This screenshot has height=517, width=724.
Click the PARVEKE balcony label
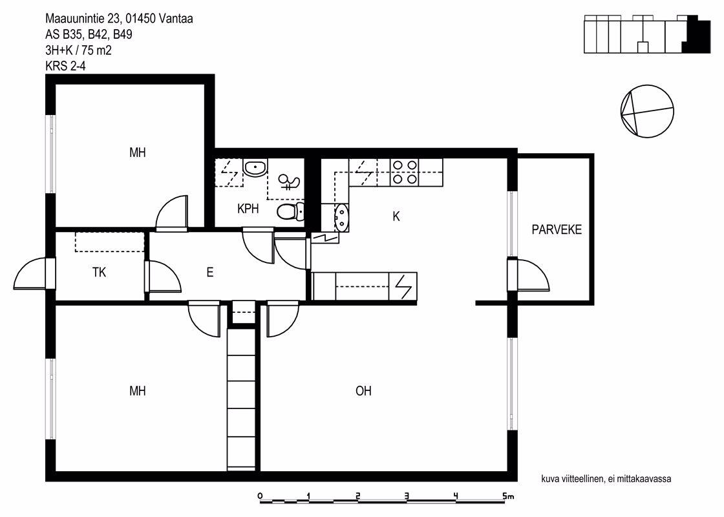click(x=557, y=229)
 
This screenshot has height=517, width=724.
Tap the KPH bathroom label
click(x=248, y=209)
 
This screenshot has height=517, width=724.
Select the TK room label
click(x=100, y=272)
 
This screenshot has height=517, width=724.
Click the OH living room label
click(x=363, y=391)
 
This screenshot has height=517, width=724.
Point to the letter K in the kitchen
click(x=396, y=216)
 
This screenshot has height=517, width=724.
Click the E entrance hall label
click(x=210, y=272)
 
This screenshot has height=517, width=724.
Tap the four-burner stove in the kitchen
click(x=405, y=172)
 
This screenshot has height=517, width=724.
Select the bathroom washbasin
click(x=255, y=167)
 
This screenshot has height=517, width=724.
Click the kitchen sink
click(x=342, y=217)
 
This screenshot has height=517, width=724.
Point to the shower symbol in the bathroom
click(x=289, y=182)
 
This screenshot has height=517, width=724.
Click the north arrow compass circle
click(x=647, y=111)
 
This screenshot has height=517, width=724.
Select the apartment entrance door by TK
click(x=30, y=274)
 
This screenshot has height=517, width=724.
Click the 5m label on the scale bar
click(x=508, y=497)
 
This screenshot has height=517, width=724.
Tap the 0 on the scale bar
click(x=261, y=496)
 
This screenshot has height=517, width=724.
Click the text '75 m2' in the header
click(x=96, y=50)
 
